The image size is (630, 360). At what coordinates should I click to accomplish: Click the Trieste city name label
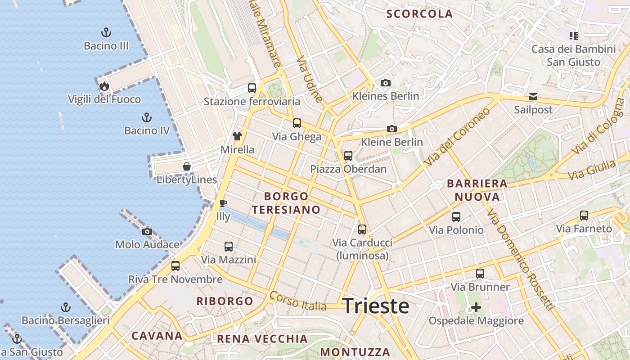[376, 306]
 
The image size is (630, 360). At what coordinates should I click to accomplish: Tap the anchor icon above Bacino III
[106, 32]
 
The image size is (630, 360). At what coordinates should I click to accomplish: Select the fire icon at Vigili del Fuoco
[104, 86]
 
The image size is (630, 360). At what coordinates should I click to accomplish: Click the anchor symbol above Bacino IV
[147, 117]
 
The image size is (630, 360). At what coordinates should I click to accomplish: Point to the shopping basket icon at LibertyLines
[187, 166]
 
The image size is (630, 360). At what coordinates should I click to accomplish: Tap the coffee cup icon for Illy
[223, 203]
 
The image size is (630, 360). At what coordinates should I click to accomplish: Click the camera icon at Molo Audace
[147, 232]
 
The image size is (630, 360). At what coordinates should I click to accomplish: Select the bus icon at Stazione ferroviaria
[252, 88]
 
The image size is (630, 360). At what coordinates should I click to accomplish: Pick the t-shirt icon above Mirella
[237, 136]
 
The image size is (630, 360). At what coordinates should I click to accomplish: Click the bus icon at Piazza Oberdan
[348, 156]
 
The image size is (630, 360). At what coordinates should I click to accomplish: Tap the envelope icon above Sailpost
[533, 96]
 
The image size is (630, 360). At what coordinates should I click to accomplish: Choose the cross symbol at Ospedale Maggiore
[476, 307]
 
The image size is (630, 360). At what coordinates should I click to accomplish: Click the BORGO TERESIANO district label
[286, 203]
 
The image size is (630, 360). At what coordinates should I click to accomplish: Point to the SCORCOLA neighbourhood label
[419, 14]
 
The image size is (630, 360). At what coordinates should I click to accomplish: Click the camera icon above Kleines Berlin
[386, 83]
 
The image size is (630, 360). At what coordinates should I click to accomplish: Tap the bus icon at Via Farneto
[584, 216]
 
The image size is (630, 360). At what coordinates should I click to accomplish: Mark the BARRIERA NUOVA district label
[477, 190]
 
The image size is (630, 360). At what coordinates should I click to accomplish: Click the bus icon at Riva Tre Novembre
[175, 266]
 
